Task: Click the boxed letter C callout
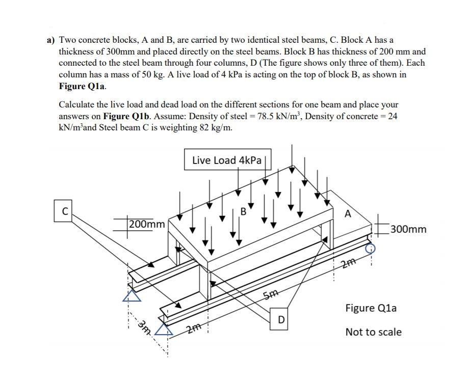point(64,211)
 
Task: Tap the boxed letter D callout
point(280,320)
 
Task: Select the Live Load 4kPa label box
point(227,160)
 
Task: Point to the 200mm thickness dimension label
point(147,224)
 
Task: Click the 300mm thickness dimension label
point(407,229)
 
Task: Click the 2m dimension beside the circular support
point(348,263)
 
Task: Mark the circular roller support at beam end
point(371,248)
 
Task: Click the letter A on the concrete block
point(348,214)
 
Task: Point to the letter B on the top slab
point(243,210)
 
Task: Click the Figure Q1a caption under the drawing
point(371,308)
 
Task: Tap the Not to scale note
point(373,332)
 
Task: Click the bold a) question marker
point(50,40)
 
